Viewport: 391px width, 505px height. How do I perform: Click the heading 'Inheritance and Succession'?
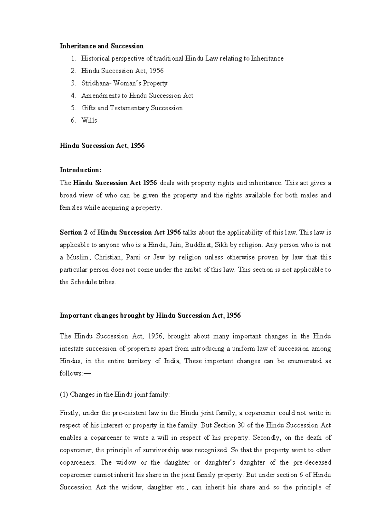pos(101,46)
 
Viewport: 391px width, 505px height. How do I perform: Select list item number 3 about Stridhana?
pos(124,83)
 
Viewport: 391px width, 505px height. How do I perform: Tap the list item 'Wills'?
pos(89,120)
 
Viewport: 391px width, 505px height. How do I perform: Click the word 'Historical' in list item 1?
pos(95,59)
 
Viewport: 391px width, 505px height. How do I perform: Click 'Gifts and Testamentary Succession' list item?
pos(132,108)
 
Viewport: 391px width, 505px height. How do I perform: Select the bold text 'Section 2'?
pos(73,233)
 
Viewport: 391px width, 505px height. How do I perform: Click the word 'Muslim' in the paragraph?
pos(78,257)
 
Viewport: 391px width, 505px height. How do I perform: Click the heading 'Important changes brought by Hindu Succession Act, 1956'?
pos(150,315)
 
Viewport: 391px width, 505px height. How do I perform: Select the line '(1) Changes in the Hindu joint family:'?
pos(115,394)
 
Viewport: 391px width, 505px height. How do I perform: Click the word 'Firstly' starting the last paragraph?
pos(69,413)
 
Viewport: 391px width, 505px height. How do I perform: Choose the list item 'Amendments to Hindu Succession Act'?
pos(137,96)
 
